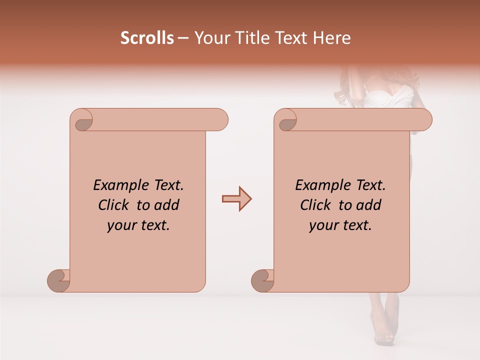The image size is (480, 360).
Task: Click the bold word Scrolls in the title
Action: point(147,38)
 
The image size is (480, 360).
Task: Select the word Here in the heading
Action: point(330,38)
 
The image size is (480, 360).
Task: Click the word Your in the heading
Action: point(209,38)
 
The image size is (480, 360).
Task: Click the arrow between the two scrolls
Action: point(236,199)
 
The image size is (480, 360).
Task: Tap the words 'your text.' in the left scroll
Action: point(138,225)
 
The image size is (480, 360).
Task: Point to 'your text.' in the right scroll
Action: point(340,225)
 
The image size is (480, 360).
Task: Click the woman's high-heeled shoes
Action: point(385,325)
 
